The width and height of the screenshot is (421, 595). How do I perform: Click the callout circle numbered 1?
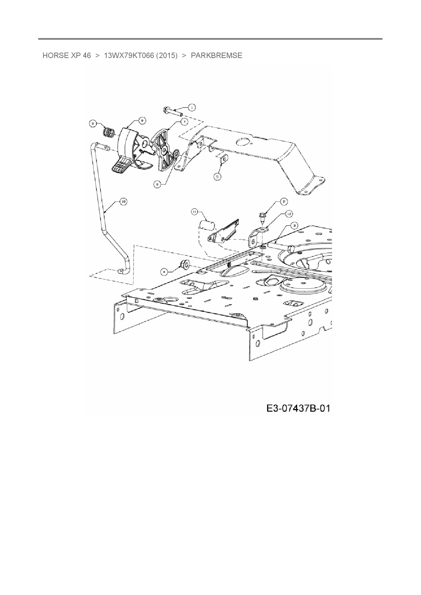coord(191,108)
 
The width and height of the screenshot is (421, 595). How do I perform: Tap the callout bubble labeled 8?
coord(93,124)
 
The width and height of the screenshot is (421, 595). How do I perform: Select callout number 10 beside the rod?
coord(123,201)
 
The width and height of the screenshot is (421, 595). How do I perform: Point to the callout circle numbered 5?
coord(217,176)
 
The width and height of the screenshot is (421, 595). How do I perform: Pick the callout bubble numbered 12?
coord(289,214)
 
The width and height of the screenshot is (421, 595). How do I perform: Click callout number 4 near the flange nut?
coord(164,271)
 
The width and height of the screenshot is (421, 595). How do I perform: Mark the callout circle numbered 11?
coord(195,212)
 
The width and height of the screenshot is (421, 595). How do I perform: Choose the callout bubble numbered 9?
coord(158,185)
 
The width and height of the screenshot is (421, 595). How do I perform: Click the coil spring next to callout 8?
coord(109,132)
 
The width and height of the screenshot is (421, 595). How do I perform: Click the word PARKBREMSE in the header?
coord(217,56)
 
